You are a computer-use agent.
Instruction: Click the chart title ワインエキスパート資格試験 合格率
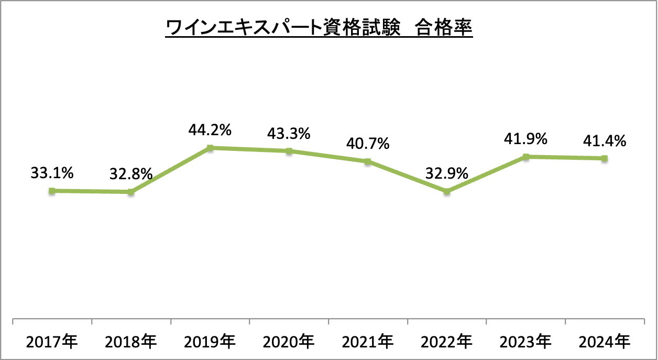[319, 28]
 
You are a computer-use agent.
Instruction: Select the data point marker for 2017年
[51, 191]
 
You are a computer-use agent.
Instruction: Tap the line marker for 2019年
[210, 148]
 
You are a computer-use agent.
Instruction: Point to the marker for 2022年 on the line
[447, 192]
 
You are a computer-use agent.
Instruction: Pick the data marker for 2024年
[605, 158]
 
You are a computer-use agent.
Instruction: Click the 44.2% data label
[210, 129]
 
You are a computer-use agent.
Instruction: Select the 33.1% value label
[52, 173]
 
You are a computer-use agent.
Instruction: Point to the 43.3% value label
[289, 133]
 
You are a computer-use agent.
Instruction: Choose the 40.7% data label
[368, 143]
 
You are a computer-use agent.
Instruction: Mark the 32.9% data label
[447, 173]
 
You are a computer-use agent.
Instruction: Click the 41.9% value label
[526, 138]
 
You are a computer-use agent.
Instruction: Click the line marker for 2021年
[368, 161]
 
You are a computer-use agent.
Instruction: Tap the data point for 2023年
[526, 157]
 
